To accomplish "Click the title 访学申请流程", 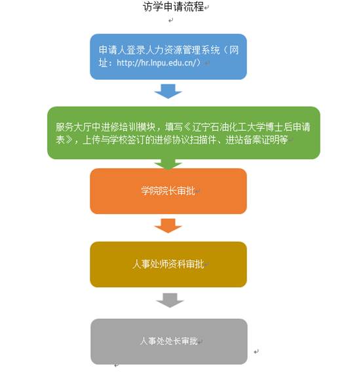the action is (174, 7).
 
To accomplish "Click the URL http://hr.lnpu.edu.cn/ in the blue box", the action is (157, 63).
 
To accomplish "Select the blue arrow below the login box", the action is (168, 91).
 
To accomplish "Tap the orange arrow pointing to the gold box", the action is (168, 226).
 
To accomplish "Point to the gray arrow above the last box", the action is (170, 301).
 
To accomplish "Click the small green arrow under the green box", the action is (168, 164).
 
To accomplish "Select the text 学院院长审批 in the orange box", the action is (168, 191).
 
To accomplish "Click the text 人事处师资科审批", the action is (168, 264).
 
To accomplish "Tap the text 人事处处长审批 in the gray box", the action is (168, 341).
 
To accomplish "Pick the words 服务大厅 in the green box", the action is (74, 127).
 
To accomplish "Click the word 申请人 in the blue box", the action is (113, 50).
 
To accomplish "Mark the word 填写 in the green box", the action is (174, 127).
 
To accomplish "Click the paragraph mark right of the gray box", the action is (256, 352).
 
